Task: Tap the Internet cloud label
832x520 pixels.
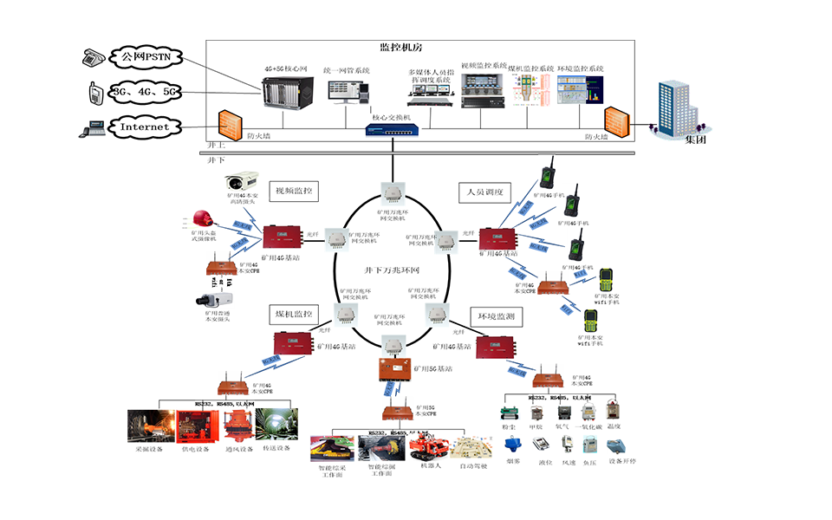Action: click(144, 127)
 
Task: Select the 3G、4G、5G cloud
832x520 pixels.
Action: click(145, 92)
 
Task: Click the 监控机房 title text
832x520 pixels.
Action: click(400, 48)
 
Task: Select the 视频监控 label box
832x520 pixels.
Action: click(294, 191)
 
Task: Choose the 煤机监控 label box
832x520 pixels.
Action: click(294, 313)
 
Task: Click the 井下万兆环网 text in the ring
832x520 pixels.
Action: click(391, 271)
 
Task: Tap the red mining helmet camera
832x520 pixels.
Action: click(203, 218)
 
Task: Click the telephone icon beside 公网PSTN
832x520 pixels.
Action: click(94, 58)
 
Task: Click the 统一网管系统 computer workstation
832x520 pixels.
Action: click(348, 91)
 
